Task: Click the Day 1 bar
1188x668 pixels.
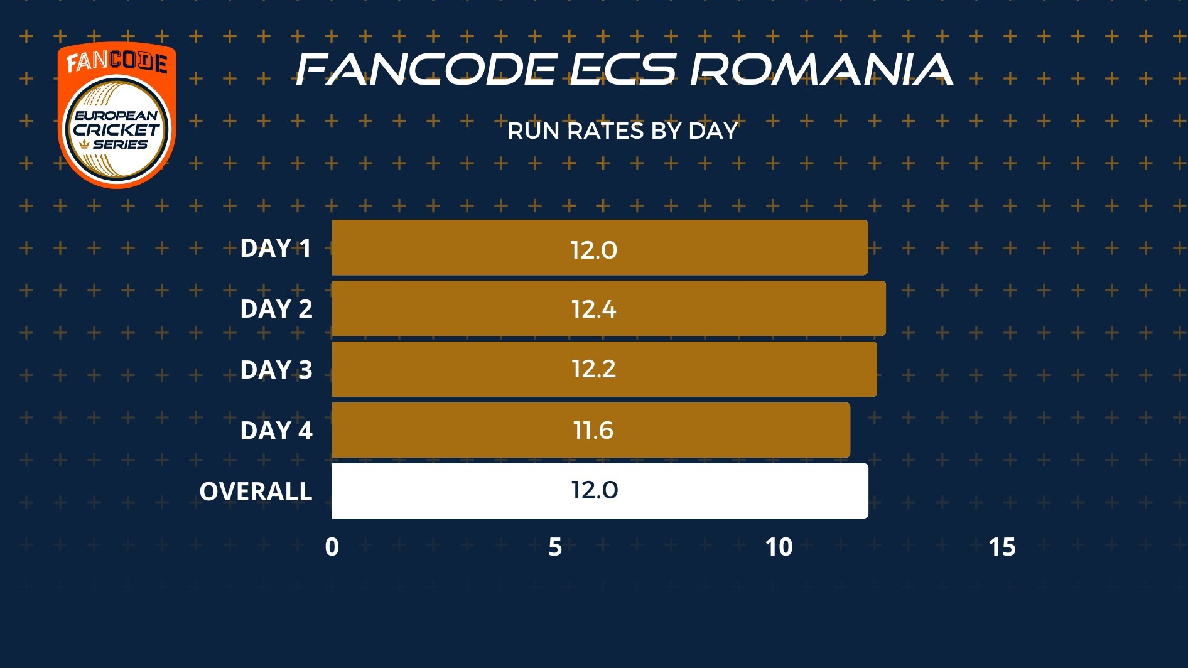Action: [600, 247]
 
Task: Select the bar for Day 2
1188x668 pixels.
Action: [608, 308]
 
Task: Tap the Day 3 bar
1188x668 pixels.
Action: [604, 369]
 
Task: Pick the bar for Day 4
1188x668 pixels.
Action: [591, 430]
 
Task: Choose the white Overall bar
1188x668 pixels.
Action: [600, 491]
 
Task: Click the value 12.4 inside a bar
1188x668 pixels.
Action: [593, 310]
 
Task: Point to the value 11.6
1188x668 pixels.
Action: [593, 431]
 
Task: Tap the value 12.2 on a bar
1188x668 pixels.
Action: [593, 369]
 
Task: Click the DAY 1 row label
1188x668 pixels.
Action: [276, 249]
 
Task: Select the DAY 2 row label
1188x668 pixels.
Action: [276, 309]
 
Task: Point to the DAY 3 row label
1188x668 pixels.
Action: [276, 370]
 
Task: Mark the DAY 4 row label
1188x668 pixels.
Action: [276, 431]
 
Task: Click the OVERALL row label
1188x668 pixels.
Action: [256, 492]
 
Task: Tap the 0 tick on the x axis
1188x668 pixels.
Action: [332, 547]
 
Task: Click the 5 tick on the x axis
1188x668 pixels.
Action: [555, 547]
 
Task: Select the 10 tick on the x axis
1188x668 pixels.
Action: [779, 547]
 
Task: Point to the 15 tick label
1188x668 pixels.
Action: [1002, 547]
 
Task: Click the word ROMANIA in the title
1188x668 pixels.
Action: [821, 69]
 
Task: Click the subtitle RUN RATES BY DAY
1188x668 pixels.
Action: [622, 131]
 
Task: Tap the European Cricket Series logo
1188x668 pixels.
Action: [117, 115]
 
